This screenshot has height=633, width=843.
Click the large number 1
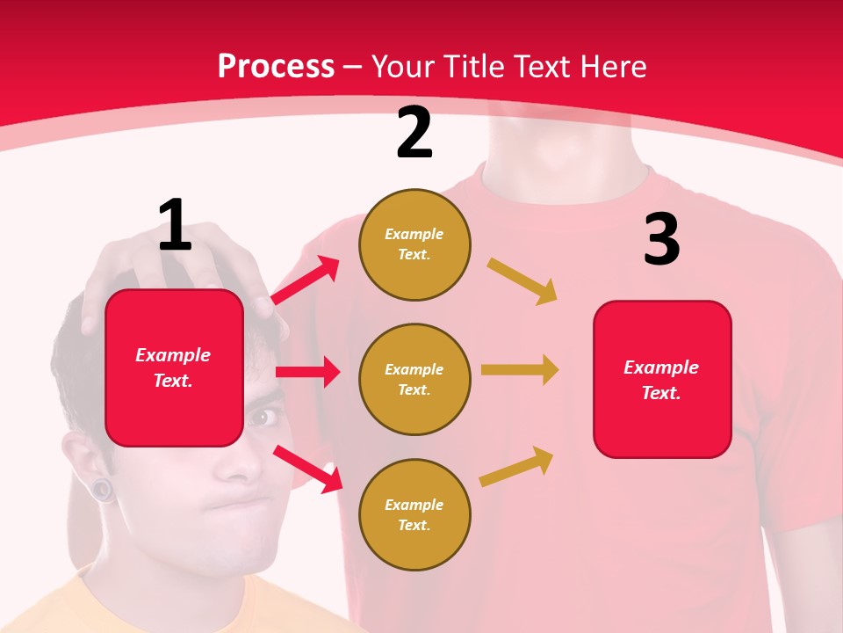click(x=175, y=226)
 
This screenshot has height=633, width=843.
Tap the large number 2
click(x=414, y=134)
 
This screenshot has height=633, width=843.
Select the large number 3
click(x=661, y=240)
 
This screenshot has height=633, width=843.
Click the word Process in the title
click(x=276, y=66)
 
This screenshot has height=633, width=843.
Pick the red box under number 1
click(x=174, y=367)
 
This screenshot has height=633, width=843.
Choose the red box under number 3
click(x=662, y=380)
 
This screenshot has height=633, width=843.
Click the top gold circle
click(x=414, y=244)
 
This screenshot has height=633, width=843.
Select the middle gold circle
click(x=414, y=380)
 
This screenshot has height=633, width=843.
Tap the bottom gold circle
click(x=414, y=515)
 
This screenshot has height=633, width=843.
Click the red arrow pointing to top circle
click(x=305, y=280)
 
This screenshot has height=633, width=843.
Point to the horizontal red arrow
click(x=307, y=372)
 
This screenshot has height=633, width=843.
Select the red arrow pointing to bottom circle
click(x=307, y=469)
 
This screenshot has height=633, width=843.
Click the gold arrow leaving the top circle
click(x=522, y=281)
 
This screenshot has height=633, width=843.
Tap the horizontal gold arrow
click(x=520, y=369)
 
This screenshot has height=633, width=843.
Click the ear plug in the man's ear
click(x=103, y=489)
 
